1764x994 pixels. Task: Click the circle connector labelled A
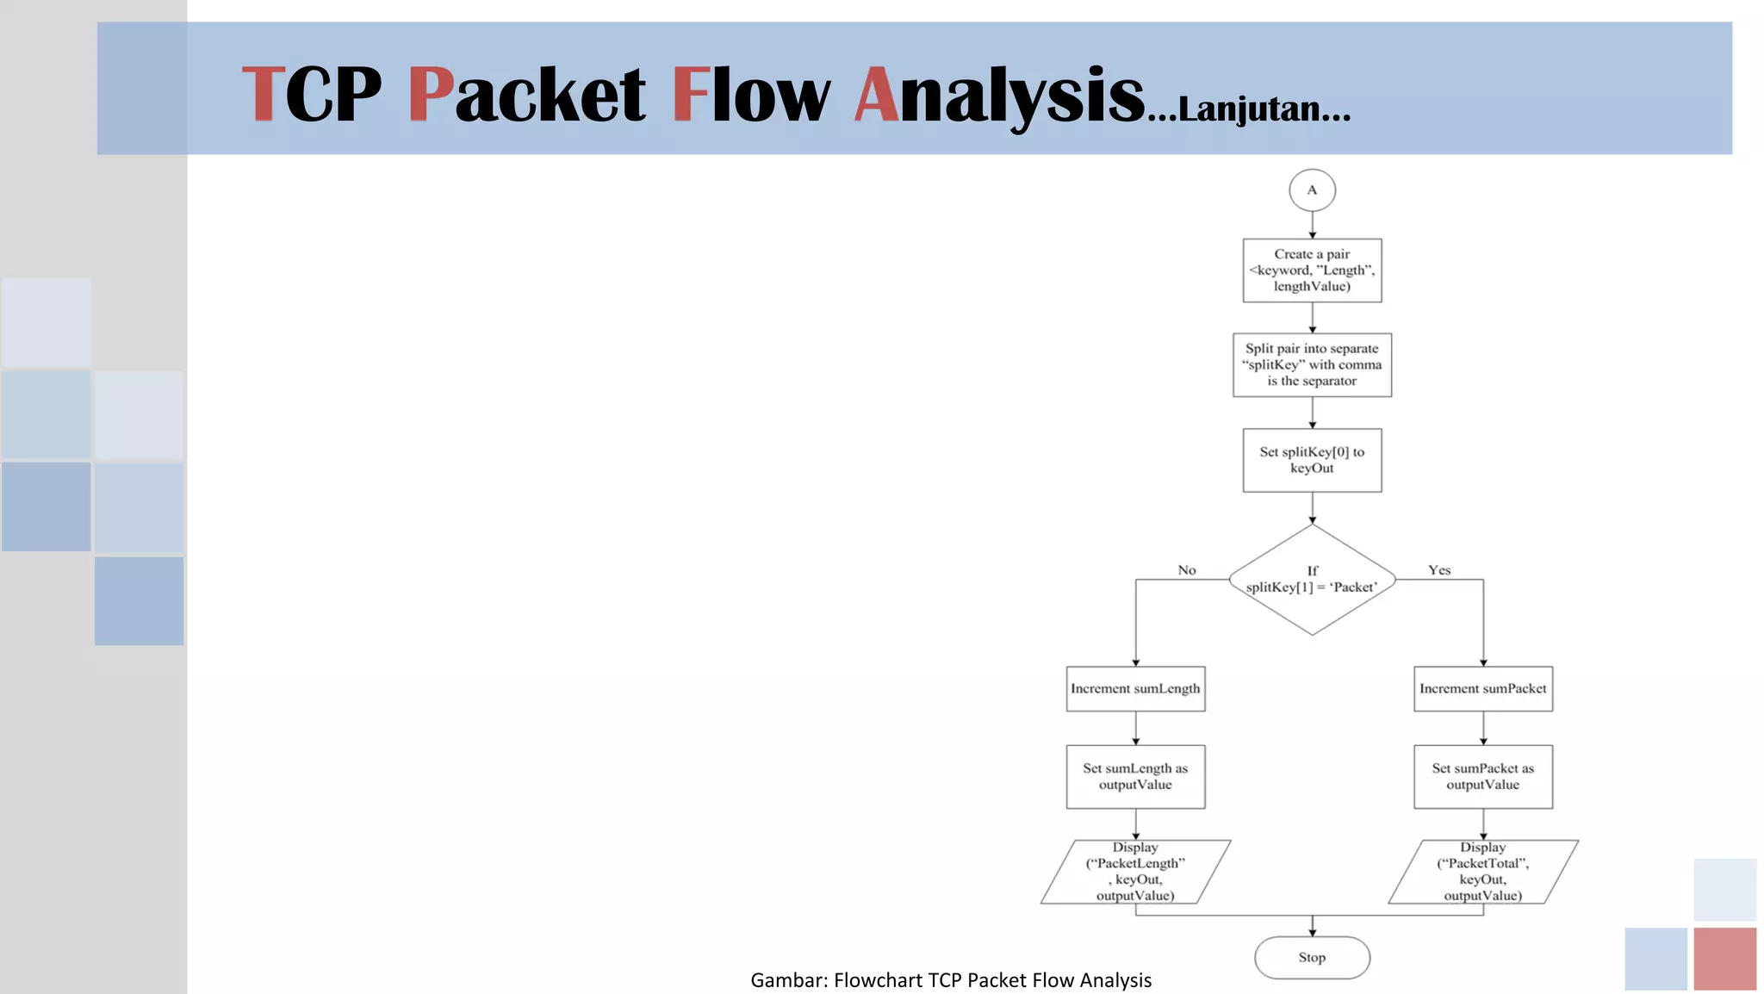click(x=1312, y=190)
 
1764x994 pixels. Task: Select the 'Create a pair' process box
click(x=1312, y=270)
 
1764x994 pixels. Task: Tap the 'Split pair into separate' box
click(x=1312, y=365)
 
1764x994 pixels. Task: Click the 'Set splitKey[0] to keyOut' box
click(x=1312, y=460)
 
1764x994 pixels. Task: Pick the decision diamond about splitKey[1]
click(x=1312, y=580)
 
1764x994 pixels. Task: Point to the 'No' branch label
click(x=1186, y=570)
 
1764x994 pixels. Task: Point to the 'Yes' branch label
click(x=1439, y=570)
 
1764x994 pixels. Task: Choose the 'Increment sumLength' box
click(x=1135, y=689)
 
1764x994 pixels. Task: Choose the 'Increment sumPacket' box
click(x=1483, y=689)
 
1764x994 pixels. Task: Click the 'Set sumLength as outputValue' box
click(x=1135, y=777)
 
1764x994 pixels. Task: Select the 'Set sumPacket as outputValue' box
click(x=1483, y=777)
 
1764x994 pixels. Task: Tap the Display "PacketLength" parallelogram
click(x=1135, y=872)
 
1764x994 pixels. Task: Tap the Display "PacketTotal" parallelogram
click(x=1483, y=872)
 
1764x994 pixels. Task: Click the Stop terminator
click(x=1312, y=958)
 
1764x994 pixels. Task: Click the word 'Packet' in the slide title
click(x=526, y=95)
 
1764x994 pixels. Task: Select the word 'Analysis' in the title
click(x=1000, y=95)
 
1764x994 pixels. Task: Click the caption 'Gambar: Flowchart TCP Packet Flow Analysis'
click(x=951, y=980)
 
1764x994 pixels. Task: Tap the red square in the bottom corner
click(x=1724, y=959)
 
